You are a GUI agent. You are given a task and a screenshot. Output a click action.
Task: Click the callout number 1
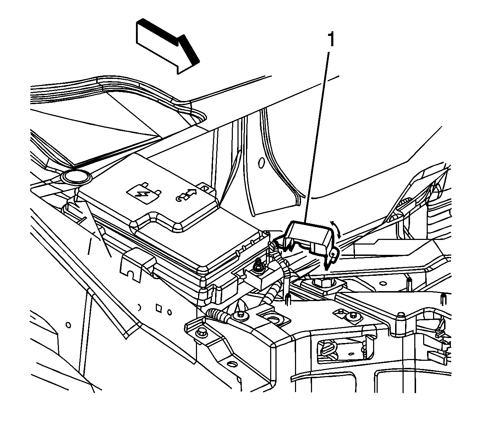[331, 39]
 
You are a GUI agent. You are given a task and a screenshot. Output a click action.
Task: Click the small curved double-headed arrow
[336, 230]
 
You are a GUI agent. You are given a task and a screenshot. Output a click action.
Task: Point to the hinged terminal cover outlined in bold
[309, 238]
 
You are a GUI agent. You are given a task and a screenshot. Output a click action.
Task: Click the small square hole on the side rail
[158, 308]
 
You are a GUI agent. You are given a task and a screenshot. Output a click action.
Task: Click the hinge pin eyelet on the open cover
[333, 254]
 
